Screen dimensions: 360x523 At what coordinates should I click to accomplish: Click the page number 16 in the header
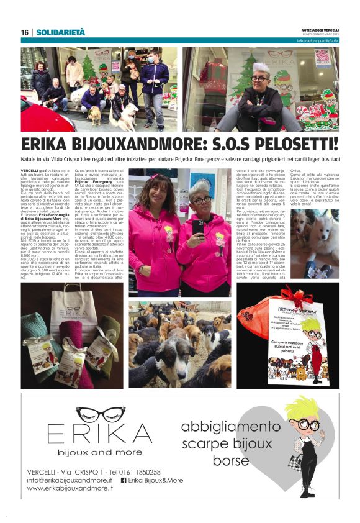(x=24, y=32)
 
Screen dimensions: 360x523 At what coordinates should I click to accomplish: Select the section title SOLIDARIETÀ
(x=61, y=32)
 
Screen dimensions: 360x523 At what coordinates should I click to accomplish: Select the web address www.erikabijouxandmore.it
(x=70, y=489)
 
